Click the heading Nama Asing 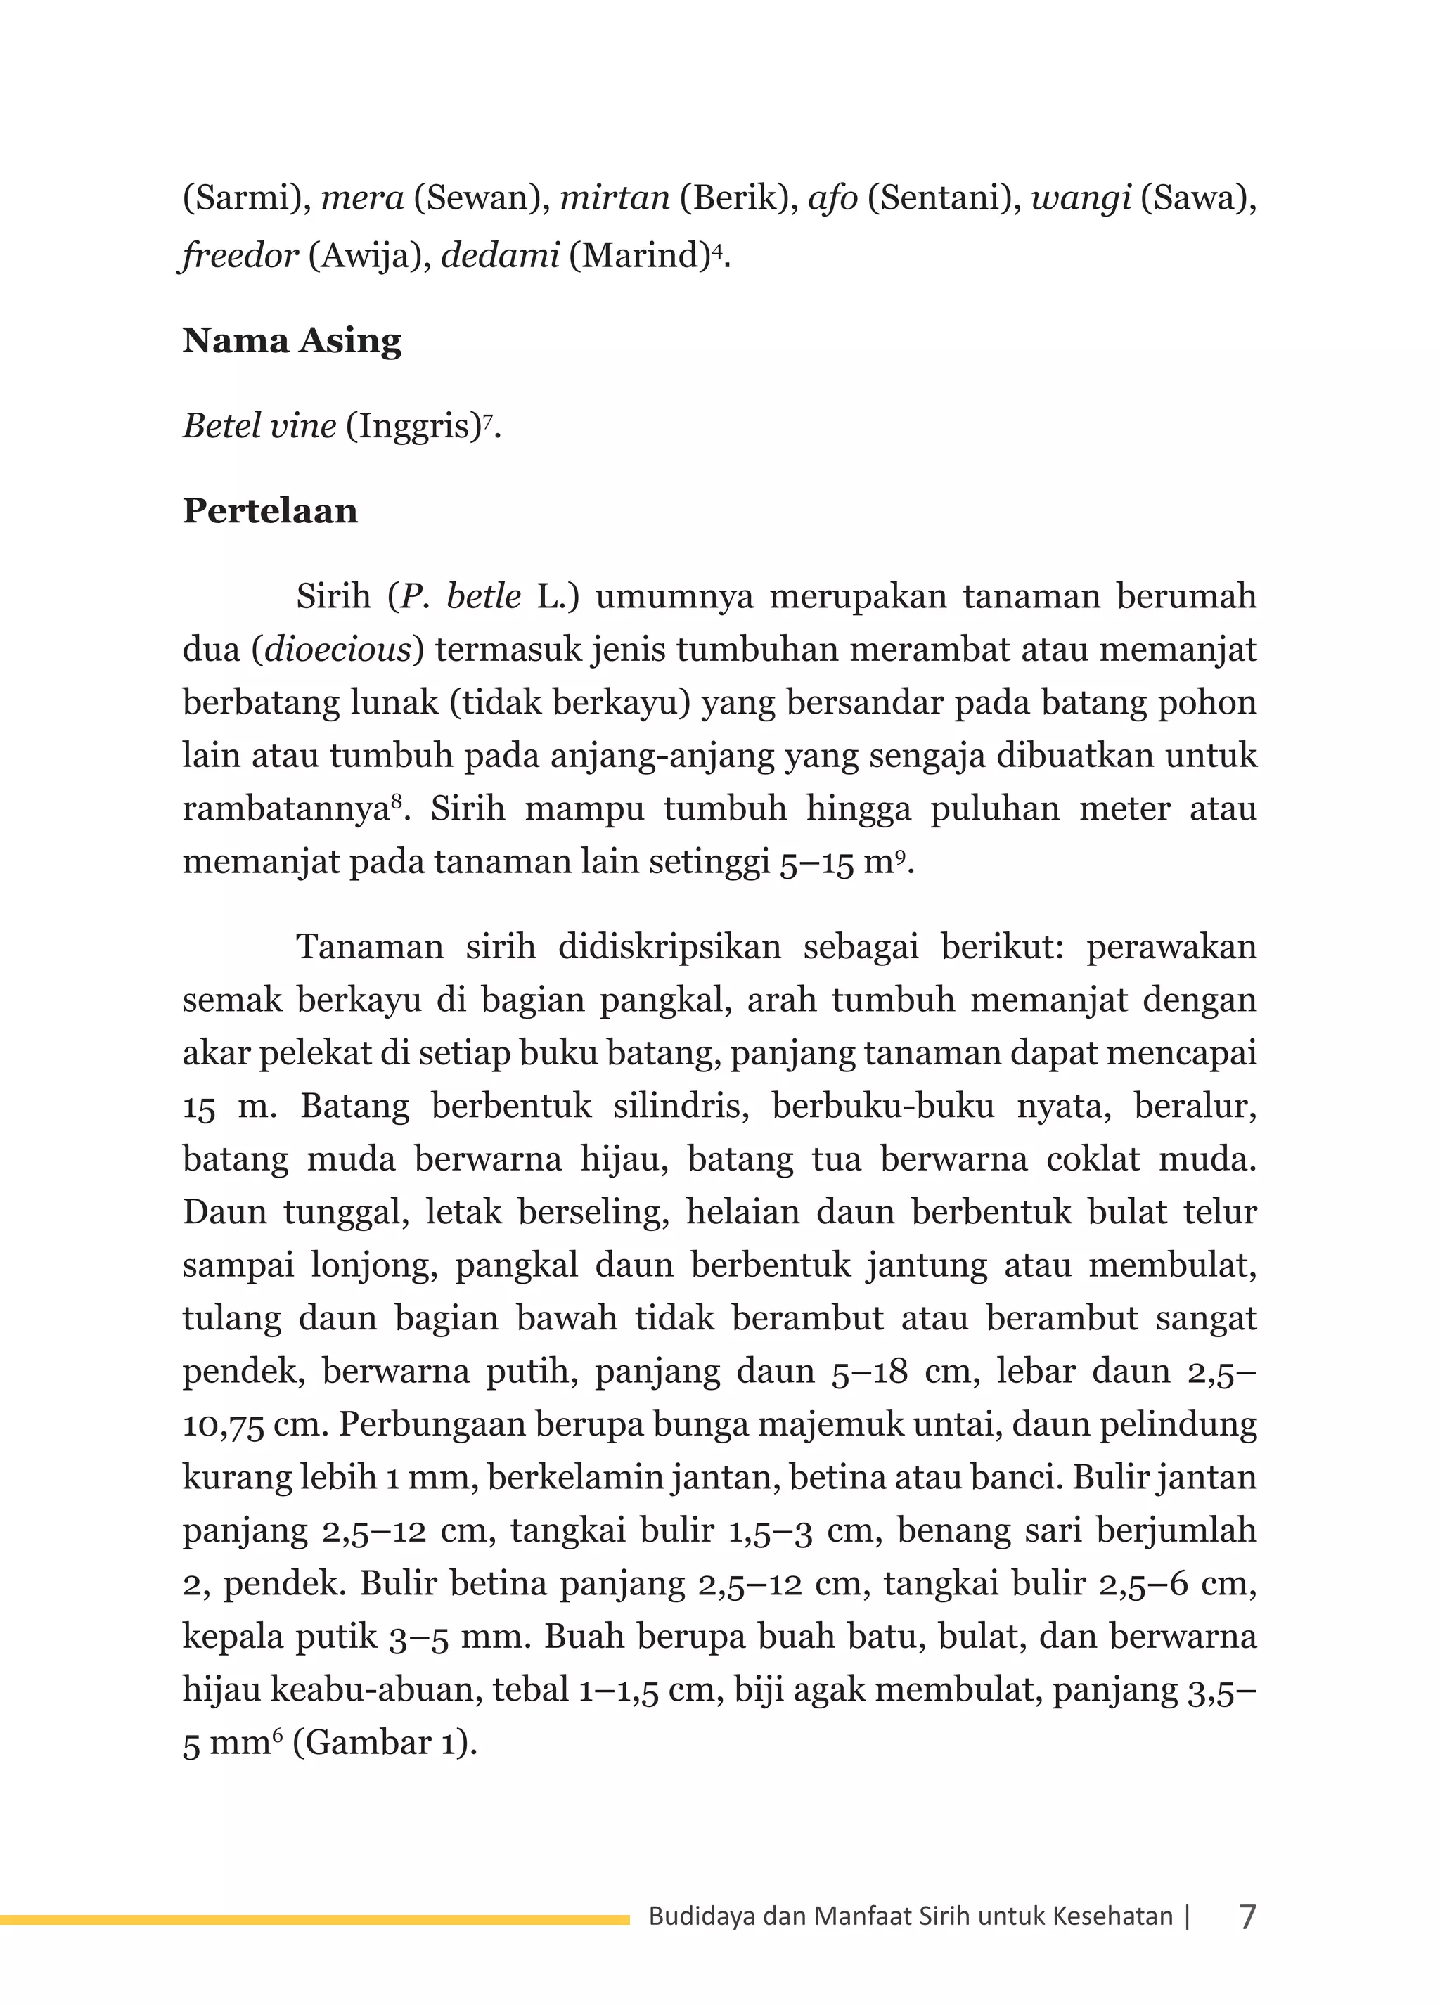pyautogui.click(x=292, y=341)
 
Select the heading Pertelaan pyautogui.click(x=269, y=511)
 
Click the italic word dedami pyautogui.click(x=499, y=257)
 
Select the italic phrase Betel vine pyautogui.click(x=259, y=427)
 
